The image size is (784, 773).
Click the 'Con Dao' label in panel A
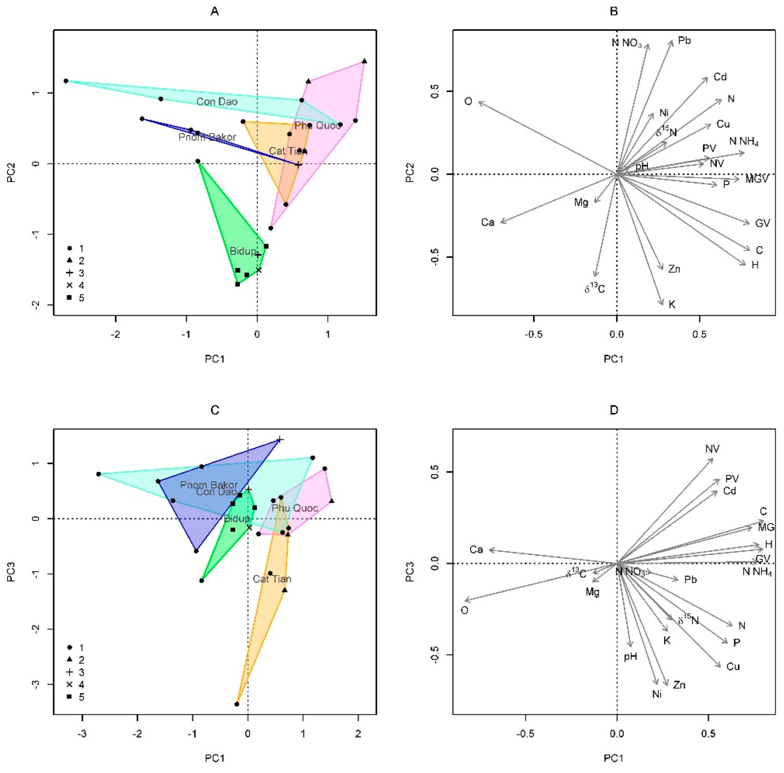point(217,101)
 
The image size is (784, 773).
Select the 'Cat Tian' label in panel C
point(272,579)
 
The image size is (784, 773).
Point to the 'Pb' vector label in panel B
point(684,41)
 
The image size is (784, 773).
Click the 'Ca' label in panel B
point(488,222)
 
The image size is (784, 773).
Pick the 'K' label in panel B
point(672,304)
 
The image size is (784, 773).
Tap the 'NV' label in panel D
point(712,449)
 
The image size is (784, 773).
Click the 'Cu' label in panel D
point(733,667)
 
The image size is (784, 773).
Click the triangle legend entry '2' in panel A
point(69,260)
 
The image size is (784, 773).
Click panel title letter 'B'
point(614,11)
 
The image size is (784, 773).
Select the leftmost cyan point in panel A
point(66,81)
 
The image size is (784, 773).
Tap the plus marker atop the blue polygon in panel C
point(280,440)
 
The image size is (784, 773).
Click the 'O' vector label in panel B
point(468,101)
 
